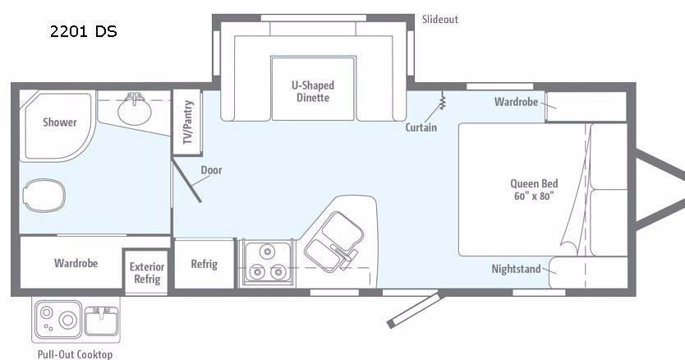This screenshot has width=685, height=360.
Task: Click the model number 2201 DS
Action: pyautogui.click(x=84, y=31)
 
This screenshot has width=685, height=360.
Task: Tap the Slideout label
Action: pyautogui.click(x=440, y=19)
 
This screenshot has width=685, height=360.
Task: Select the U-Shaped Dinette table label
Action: pyautogui.click(x=313, y=91)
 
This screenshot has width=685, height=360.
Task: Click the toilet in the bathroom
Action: pyautogui.click(x=44, y=195)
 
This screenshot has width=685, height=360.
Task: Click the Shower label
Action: pyautogui.click(x=60, y=122)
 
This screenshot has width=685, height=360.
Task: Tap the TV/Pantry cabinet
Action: pyautogui.click(x=187, y=122)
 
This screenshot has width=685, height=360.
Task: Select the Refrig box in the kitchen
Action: pyautogui.click(x=204, y=264)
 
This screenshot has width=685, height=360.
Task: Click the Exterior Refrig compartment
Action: pyautogui.click(x=146, y=272)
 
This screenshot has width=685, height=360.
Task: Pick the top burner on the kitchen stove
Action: pyautogui.click(x=266, y=252)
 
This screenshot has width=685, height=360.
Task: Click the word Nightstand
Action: pyautogui.click(x=516, y=269)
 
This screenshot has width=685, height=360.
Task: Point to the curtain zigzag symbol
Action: pyautogui.click(x=443, y=100)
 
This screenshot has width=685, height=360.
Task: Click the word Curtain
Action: pyautogui.click(x=421, y=127)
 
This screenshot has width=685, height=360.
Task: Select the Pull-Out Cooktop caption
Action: pyautogui.click(x=75, y=354)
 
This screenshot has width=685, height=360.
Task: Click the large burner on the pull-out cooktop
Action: pyautogui.click(x=68, y=320)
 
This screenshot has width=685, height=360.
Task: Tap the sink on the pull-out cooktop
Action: pyautogui.click(x=101, y=321)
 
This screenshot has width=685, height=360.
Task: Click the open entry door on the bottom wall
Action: pyautogui.click(x=413, y=311)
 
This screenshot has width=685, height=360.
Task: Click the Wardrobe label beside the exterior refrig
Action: pyautogui.click(x=76, y=263)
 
